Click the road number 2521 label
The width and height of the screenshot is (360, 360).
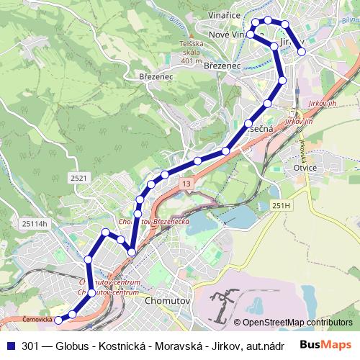[79, 177]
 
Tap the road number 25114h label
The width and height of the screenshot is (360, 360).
[34, 223]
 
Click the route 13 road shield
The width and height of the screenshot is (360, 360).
[186, 184]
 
